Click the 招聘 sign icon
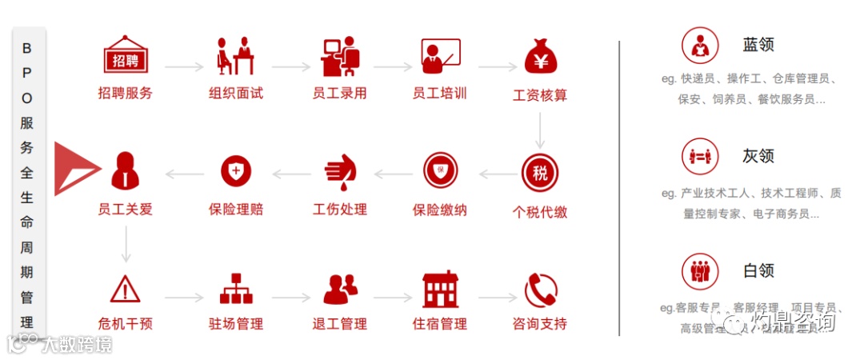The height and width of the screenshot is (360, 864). [x=124, y=57]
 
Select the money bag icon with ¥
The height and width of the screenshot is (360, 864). [x=540, y=56]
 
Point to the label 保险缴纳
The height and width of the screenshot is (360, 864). [x=439, y=210]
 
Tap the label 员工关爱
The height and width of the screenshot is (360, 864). [x=125, y=210]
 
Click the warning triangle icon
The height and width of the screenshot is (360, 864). [x=124, y=289]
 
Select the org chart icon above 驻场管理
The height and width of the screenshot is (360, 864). [x=235, y=289]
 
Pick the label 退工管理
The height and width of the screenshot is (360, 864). [x=339, y=325]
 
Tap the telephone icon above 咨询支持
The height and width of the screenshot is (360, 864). [x=540, y=289]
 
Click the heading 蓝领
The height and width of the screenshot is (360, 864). [x=758, y=45]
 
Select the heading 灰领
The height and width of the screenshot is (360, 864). [x=758, y=156]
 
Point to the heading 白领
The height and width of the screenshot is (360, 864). [x=758, y=270]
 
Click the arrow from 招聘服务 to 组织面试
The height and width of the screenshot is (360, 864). [x=184, y=68]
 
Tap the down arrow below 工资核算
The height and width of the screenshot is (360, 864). [x=540, y=129]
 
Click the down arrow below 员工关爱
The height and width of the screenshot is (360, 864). [x=126, y=243]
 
